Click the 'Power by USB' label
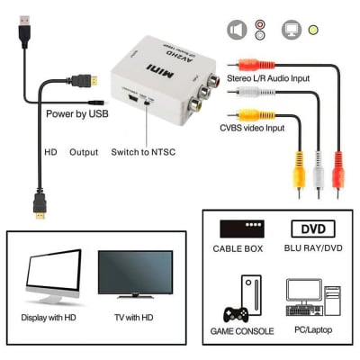pos(76,114)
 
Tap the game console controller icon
pos(236,316)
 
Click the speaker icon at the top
pos(236,30)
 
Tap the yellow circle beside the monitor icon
pos(312,30)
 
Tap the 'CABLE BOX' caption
pos(239,247)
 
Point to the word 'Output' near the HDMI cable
pos(84,152)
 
